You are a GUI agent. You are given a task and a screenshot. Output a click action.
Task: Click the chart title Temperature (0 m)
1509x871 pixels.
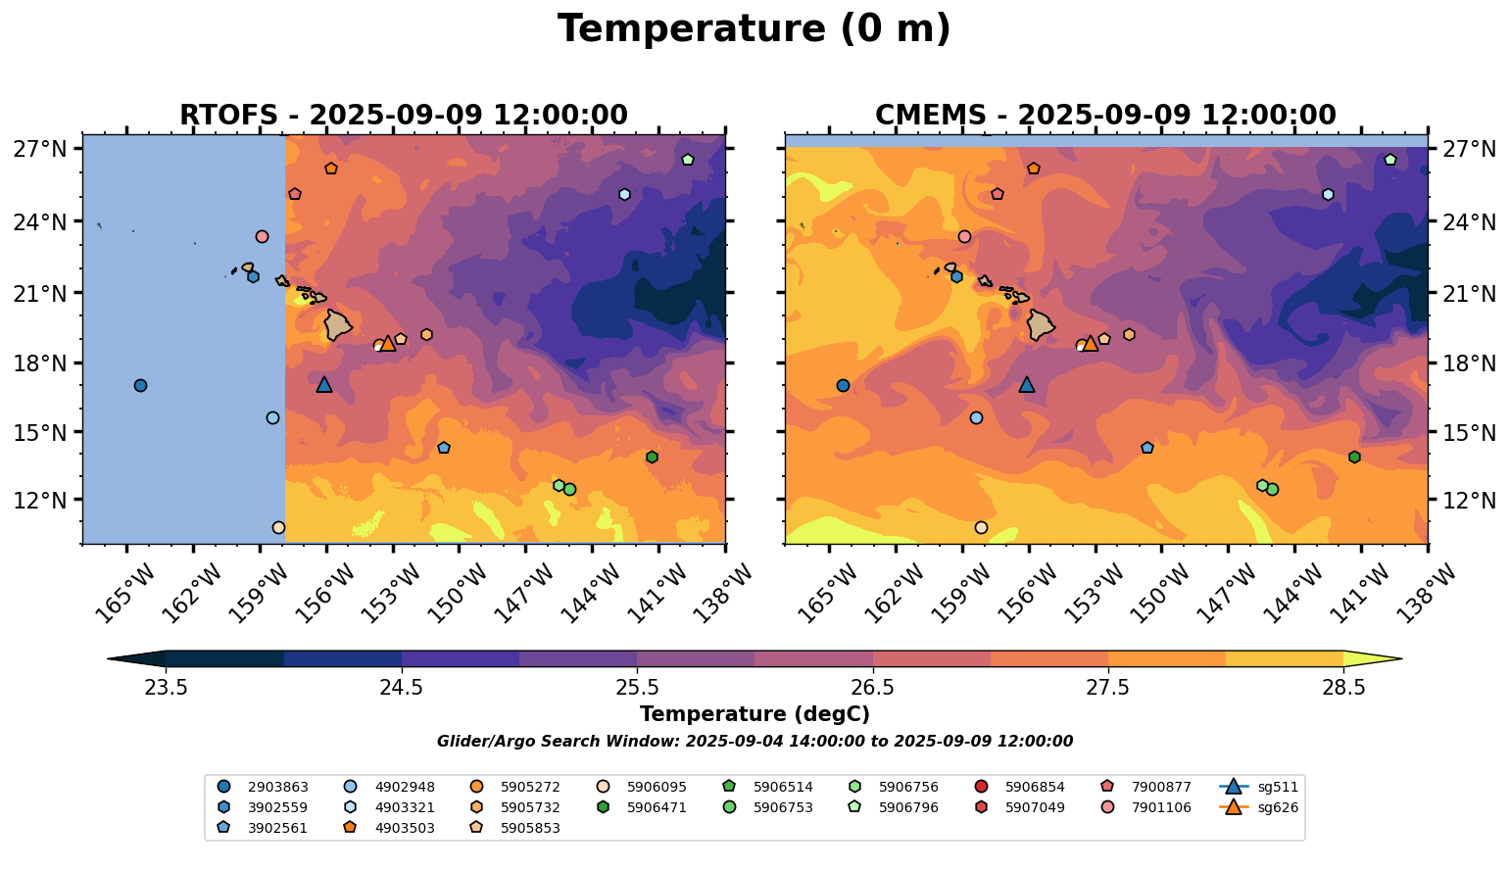(x=754, y=29)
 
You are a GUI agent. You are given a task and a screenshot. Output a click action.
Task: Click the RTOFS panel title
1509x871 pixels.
(x=403, y=115)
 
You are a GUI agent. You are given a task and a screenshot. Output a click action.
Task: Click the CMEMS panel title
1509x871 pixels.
(x=1105, y=115)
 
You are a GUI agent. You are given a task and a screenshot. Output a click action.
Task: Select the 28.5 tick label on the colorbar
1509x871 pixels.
(x=1343, y=688)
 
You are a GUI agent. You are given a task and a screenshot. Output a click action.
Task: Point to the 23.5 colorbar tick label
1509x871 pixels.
(x=166, y=688)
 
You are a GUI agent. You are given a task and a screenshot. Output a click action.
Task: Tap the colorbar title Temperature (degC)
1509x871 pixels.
(x=754, y=714)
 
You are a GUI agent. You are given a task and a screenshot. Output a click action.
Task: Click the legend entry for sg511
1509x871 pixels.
(x=1259, y=786)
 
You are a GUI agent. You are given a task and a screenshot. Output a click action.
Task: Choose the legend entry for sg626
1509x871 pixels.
(x=1259, y=807)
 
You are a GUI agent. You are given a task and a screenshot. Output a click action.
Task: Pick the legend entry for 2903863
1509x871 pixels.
(x=264, y=786)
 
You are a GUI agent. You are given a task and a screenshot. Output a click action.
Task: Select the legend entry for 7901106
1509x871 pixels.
(x=1147, y=807)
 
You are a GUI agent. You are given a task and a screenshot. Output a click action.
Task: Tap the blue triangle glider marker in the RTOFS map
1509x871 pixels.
(x=324, y=384)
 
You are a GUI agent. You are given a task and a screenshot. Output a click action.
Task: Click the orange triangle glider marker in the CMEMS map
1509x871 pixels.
(x=1090, y=343)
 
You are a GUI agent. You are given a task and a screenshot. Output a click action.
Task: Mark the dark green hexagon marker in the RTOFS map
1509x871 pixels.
(x=652, y=457)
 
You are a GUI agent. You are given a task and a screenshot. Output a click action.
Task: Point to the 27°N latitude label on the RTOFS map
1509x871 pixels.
(x=39, y=149)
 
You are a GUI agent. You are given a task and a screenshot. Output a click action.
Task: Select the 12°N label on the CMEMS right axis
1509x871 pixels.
(x=1469, y=501)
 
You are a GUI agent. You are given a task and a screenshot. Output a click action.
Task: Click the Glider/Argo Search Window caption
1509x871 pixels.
(x=754, y=742)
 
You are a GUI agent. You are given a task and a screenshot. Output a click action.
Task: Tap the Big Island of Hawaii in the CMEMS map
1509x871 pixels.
(x=1041, y=324)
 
